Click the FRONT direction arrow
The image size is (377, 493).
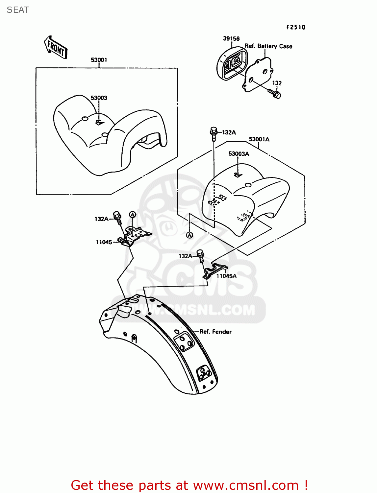point(55,47)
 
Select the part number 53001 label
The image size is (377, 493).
point(99,60)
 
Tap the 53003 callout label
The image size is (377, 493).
point(99,98)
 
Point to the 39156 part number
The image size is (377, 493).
point(231,39)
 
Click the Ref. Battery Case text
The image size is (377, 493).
point(268,46)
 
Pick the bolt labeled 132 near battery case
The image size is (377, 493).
point(274,94)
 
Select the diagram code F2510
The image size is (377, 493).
point(296,27)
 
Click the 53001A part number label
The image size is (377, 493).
point(259,139)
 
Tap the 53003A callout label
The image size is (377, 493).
point(239,153)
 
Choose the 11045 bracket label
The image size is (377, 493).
point(104,242)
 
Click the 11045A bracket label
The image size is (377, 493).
point(226,276)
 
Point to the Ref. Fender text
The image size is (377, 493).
point(215,332)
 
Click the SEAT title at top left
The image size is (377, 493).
point(18,10)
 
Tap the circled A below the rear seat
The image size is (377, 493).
point(190,235)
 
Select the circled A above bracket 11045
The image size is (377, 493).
point(133,215)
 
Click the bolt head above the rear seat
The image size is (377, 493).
point(214,130)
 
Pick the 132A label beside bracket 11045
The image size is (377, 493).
point(101,219)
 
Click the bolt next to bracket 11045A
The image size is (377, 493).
point(201,256)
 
